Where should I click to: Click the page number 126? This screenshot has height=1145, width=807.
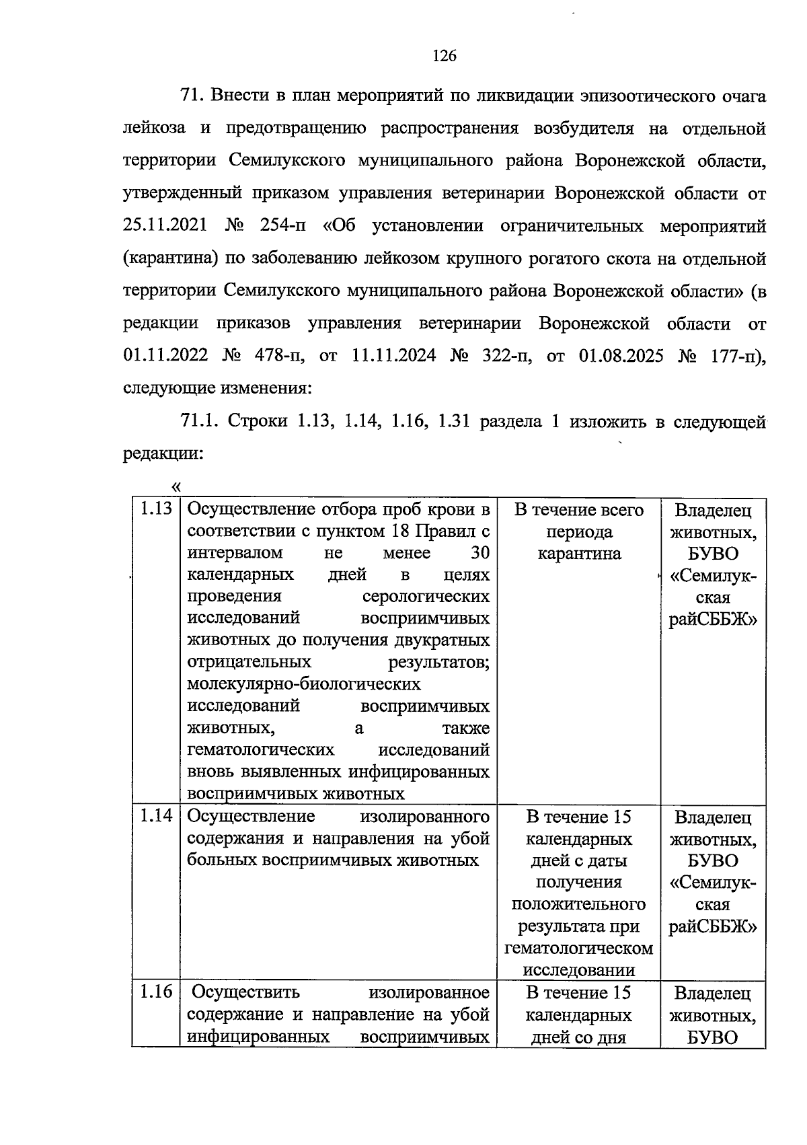click(x=444, y=56)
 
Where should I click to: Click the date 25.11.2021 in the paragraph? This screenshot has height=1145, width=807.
click(x=165, y=226)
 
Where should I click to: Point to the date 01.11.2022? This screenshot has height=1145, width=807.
click(x=165, y=356)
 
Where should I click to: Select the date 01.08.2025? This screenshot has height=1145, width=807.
click(x=620, y=356)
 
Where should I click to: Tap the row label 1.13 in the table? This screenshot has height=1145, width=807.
click(x=155, y=509)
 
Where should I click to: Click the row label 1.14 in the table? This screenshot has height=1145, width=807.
click(x=155, y=816)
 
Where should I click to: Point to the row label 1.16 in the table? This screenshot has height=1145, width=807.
click(x=155, y=992)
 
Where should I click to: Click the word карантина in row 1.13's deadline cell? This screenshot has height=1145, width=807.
click(x=579, y=554)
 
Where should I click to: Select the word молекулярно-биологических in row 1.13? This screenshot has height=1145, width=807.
click(x=304, y=684)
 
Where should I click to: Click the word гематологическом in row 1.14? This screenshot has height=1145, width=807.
click(x=579, y=949)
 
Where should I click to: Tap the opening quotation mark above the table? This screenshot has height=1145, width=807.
click(x=177, y=486)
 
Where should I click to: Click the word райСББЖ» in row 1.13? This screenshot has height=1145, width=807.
click(x=713, y=620)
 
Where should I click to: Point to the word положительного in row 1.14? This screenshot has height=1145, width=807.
click(x=579, y=904)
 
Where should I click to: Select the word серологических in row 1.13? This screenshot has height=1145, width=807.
click(x=426, y=597)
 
